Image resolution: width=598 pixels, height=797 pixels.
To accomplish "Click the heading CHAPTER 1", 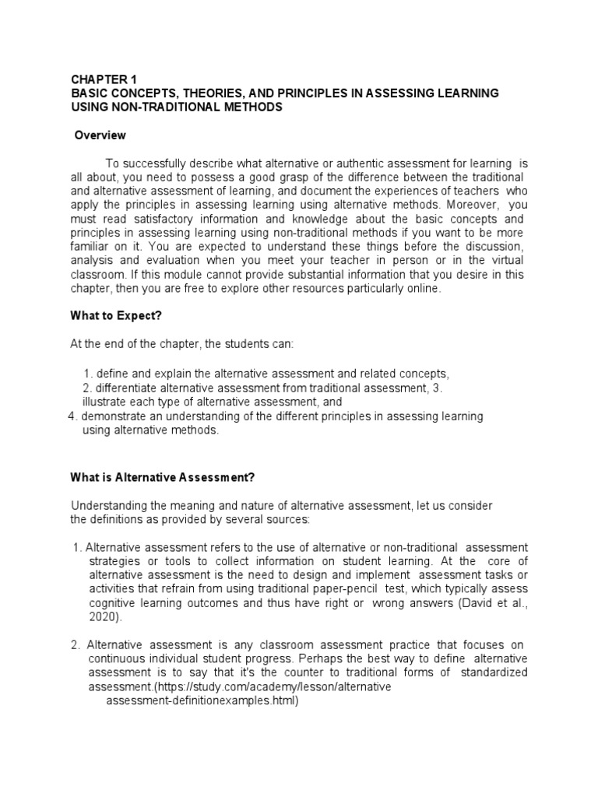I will pyautogui.click(x=104, y=79).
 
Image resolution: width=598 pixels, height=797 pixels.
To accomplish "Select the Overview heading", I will pyautogui.click(x=100, y=135).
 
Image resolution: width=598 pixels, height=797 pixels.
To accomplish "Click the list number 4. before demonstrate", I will pyautogui.click(x=73, y=416).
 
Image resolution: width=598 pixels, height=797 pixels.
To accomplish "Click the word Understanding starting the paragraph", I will pyautogui.click(x=108, y=506).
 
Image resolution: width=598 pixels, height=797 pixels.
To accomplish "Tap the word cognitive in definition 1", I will pyautogui.click(x=112, y=602).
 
